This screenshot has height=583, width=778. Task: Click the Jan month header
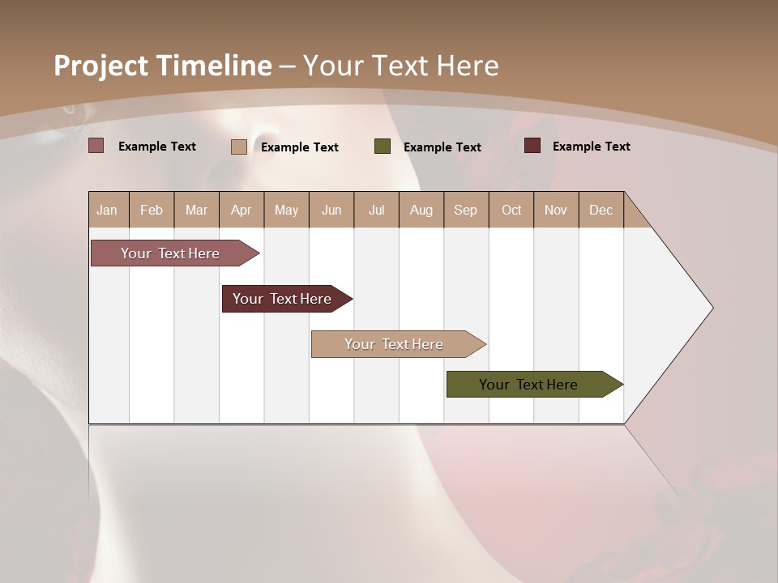point(107,210)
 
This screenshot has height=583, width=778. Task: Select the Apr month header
point(242,210)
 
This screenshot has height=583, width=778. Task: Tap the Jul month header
point(376,210)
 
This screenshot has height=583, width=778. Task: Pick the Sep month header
point(465,210)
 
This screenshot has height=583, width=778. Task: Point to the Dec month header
point(601,210)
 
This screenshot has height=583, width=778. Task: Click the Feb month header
point(152,210)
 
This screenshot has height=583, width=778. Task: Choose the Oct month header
point(511,210)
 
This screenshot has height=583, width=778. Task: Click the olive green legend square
point(383,147)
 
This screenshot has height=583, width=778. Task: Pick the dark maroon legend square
point(532,146)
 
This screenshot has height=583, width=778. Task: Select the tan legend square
point(239,147)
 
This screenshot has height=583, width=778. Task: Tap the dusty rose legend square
point(96,146)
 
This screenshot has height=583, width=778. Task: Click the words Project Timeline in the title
point(162,66)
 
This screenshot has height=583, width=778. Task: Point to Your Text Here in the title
point(400,66)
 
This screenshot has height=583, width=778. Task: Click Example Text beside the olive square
point(442,147)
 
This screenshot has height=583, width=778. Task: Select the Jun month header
point(331,210)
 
